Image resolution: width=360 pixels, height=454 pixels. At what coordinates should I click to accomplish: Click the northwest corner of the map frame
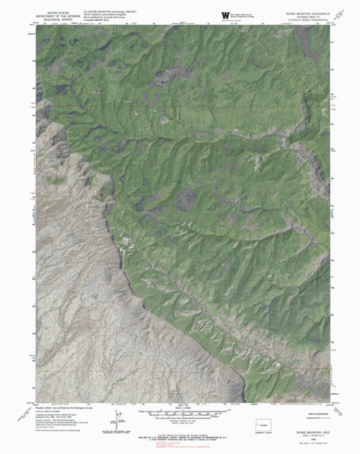click(x=36, y=33)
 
